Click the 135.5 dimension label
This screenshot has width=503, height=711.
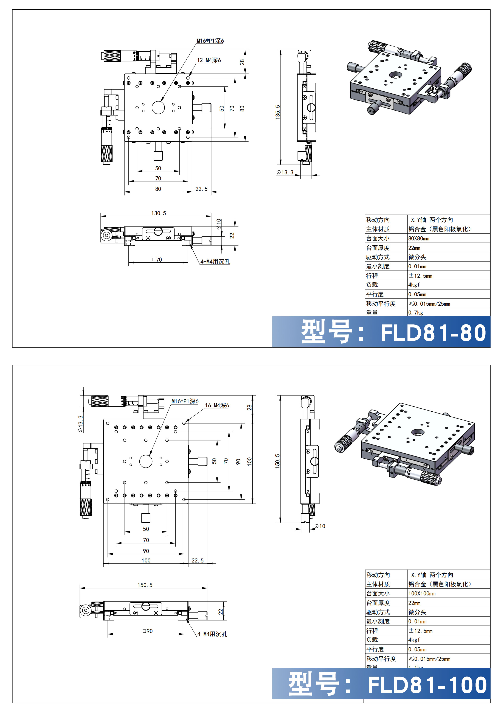[278, 112]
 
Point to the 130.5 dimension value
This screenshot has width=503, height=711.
[159, 213]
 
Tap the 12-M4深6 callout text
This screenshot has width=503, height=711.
[209, 60]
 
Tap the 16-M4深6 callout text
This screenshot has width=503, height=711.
[217, 405]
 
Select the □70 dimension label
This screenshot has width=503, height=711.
[157, 260]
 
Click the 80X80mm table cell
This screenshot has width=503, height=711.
[419, 239]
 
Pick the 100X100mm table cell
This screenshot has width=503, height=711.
[422, 593]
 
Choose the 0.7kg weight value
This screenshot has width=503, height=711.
[416, 312]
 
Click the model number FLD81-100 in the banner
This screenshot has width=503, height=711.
[427, 685]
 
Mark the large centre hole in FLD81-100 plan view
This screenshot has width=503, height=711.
[146, 461]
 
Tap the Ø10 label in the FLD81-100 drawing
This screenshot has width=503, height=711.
[320, 526]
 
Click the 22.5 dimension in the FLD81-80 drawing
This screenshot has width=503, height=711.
[201, 189]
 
